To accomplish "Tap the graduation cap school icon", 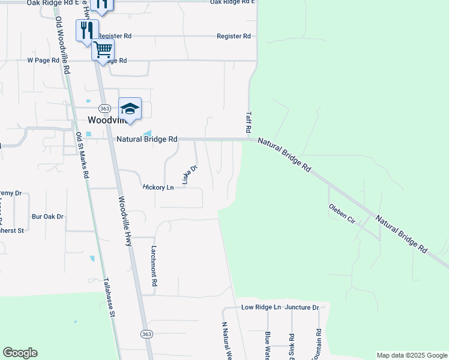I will pos(130,108).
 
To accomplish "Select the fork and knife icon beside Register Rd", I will pos(87,29).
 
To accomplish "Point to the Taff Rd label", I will pos(247,122).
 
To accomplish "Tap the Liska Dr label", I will pos(189,175).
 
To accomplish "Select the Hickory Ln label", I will pos(158,188).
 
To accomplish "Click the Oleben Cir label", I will pos(342,213).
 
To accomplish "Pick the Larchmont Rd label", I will pos(154,265).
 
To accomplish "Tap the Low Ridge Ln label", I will pos(261,307).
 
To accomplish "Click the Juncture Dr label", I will pos(302,307).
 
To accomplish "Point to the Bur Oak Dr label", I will pos(47,216).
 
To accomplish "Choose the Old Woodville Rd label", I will pos(63,45).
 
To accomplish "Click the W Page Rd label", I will pos(43,61).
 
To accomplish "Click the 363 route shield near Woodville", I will pos(105,108).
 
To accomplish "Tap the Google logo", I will pos(20,353).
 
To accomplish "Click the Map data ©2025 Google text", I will pos(411,355).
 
